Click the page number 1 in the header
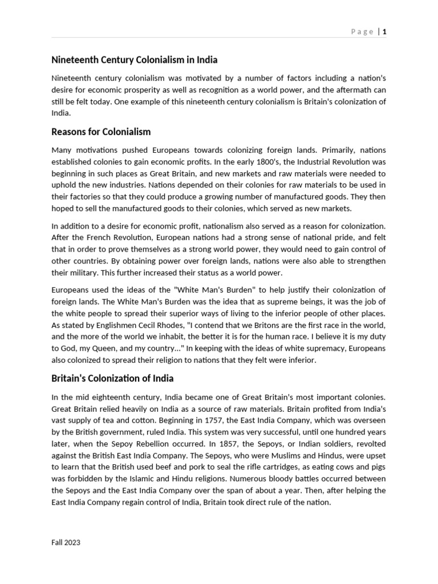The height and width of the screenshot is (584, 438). (385, 32)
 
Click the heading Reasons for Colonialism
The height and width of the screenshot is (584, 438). (101, 132)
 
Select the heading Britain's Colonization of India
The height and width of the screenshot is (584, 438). (112, 378)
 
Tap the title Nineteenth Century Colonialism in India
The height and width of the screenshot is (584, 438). (134, 59)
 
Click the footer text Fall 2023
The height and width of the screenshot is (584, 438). (66, 542)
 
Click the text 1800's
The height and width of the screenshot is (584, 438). (247, 162)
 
